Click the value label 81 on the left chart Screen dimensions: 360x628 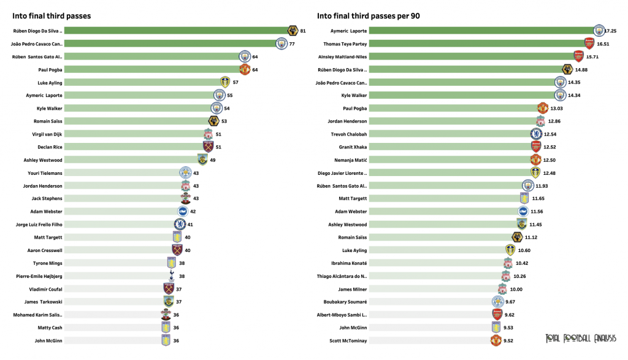tap(303, 31)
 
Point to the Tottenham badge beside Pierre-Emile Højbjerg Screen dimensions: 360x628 tap(171, 276)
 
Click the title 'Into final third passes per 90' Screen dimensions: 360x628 tap(369, 16)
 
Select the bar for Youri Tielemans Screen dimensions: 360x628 tap(123, 173)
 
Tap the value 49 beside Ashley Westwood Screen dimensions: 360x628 tap(213, 160)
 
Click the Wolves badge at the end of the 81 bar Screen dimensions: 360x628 tap(293, 31)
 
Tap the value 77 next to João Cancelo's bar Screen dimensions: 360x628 tap(292, 44)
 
